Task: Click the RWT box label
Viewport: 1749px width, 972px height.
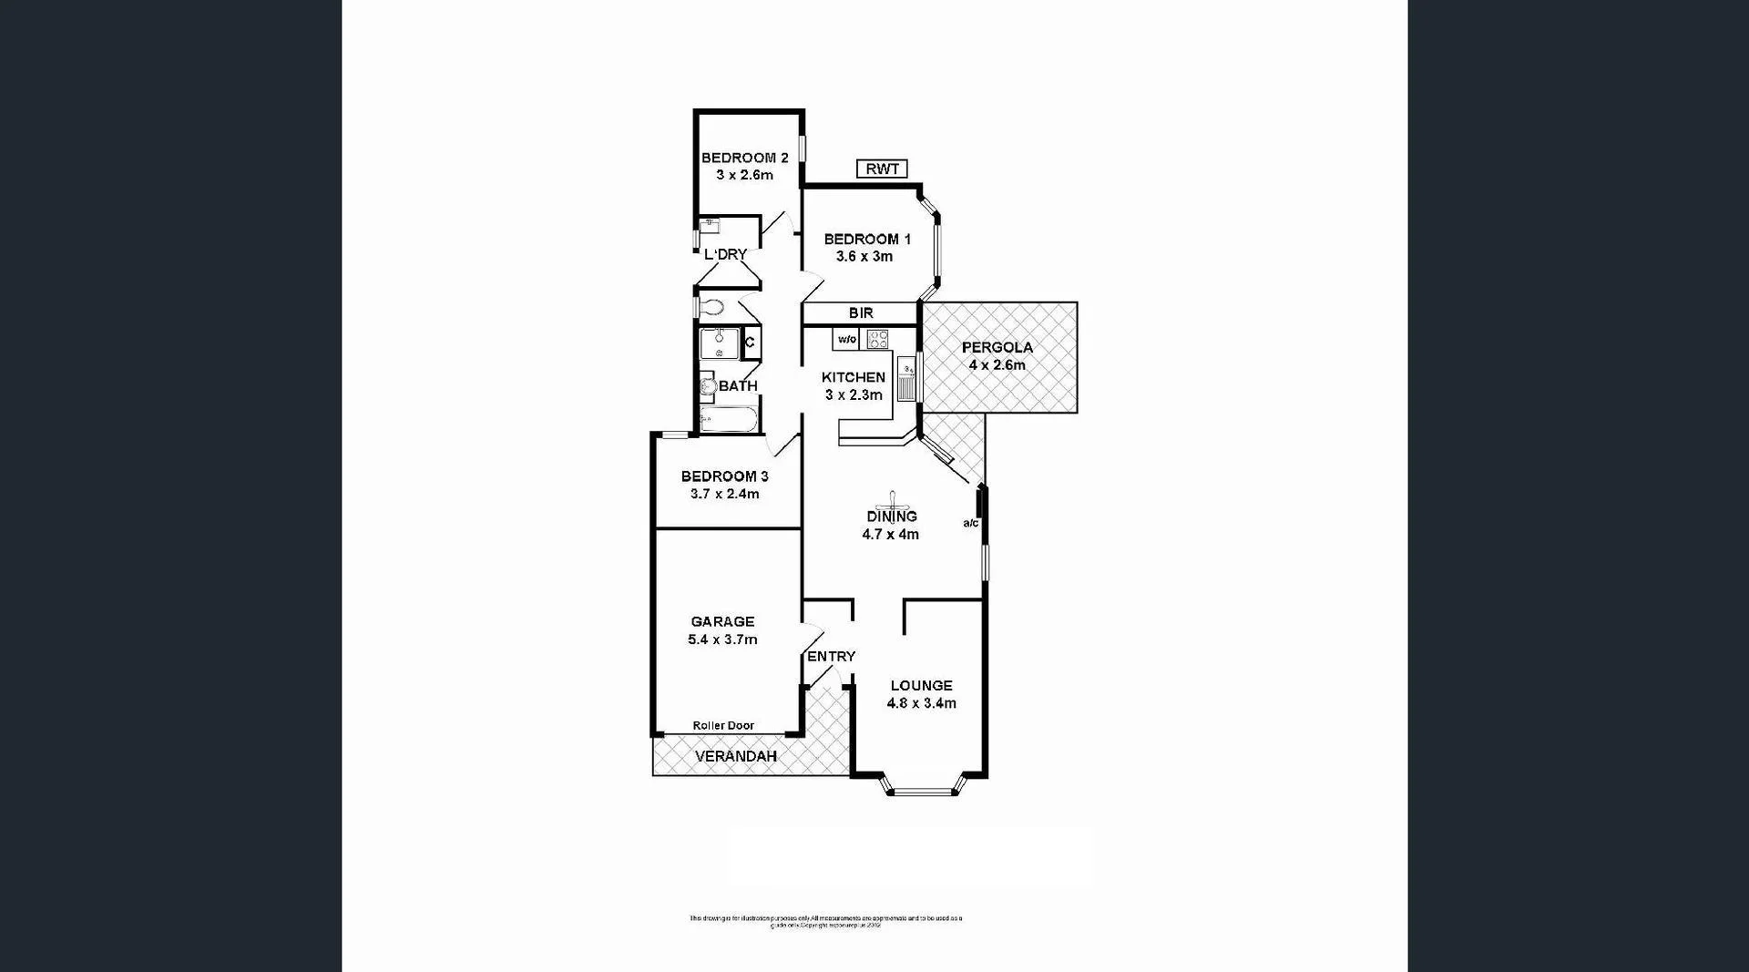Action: (x=882, y=169)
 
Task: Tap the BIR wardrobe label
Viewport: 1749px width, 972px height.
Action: (x=861, y=313)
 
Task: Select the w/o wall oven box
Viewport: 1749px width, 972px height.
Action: (x=846, y=340)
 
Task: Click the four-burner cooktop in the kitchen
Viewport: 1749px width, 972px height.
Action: (x=877, y=340)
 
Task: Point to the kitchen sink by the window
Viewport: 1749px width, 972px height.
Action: (x=907, y=382)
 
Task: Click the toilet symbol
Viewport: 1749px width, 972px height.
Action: (x=711, y=307)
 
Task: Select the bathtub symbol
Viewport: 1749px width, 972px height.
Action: (x=728, y=421)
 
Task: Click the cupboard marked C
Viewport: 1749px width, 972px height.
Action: (x=751, y=343)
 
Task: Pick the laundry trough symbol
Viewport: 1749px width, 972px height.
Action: (x=709, y=225)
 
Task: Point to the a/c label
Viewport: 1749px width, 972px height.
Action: (x=971, y=523)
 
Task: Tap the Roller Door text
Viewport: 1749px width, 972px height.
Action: (x=723, y=726)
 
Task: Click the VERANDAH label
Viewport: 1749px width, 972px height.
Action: (x=736, y=757)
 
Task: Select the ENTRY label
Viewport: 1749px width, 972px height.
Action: (x=831, y=657)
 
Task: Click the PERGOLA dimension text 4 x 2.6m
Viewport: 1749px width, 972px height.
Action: (x=997, y=365)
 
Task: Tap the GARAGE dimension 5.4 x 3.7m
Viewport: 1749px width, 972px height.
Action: (x=722, y=639)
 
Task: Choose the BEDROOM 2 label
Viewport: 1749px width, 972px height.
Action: (x=744, y=158)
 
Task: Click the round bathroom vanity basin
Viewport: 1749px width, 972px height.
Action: (x=708, y=386)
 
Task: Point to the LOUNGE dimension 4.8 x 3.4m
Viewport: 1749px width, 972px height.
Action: (x=921, y=703)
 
